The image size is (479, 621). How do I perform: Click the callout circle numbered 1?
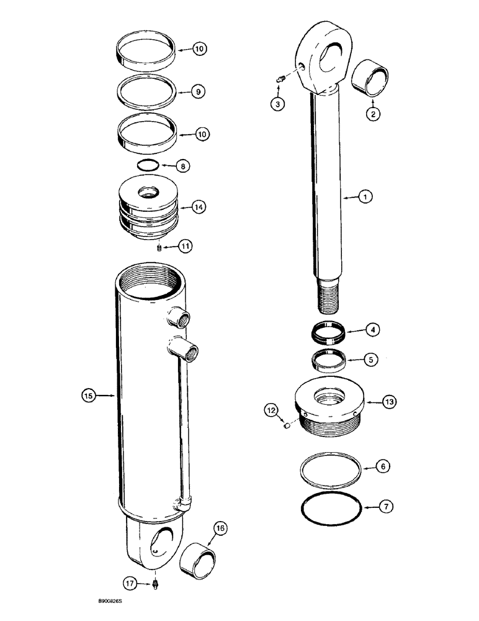(366, 197)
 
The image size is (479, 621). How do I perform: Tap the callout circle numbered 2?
(372, 114)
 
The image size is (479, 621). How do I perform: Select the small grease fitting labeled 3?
(279, 78)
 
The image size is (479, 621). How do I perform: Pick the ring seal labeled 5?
(328, 359)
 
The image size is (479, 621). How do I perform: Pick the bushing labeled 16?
(197, 554)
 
